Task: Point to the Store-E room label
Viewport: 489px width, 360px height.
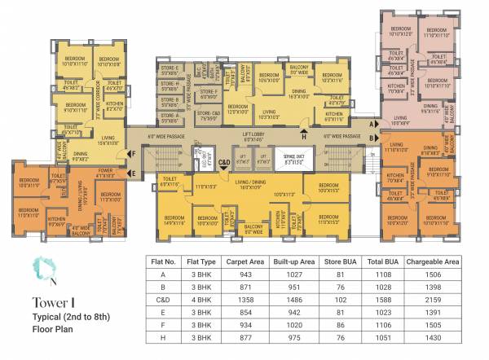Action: click(x=169, y=68)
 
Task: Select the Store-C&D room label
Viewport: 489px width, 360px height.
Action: click(x=209, y=115)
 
